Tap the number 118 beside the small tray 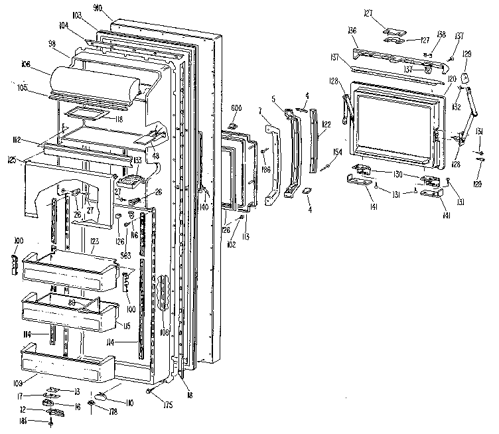119,120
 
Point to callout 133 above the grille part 138,160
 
